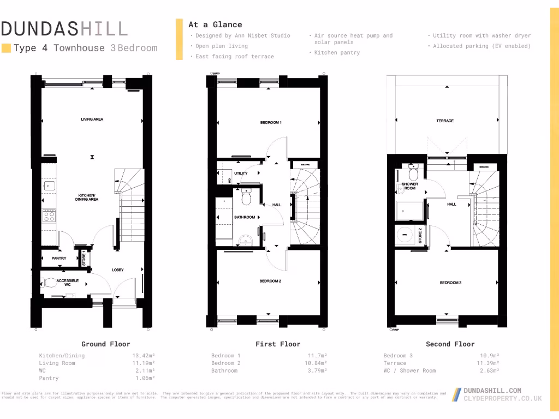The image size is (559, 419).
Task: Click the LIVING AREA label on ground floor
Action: [x=92, y=119]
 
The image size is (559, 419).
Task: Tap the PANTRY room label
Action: [x=59, y=258]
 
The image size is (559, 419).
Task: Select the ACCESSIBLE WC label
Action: [x=68, y=283]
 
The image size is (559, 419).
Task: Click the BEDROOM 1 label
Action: [x=271, y=123]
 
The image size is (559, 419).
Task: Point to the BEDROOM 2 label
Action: [x=270, y=281]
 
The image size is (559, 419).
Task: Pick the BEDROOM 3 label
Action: [x=451, y=283]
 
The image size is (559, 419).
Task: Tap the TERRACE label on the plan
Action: [x=445, y=121]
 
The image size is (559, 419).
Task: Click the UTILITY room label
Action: [x=241, y=173]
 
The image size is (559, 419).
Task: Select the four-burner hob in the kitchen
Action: [x=49, y=216]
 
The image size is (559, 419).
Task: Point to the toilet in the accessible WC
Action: [x=51, y=283]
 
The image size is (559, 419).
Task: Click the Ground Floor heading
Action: [x=106, y=344]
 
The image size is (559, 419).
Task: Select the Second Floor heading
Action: [x=450, y=344]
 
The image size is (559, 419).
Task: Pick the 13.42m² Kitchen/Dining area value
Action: [x=144, y=356]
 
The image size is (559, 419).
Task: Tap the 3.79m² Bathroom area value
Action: [x=317, y=371]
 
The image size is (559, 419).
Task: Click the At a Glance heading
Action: [x=215, y=25]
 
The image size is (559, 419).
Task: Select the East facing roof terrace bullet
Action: [x=235, y=57]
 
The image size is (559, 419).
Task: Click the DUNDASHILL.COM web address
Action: [x=492, y=391]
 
